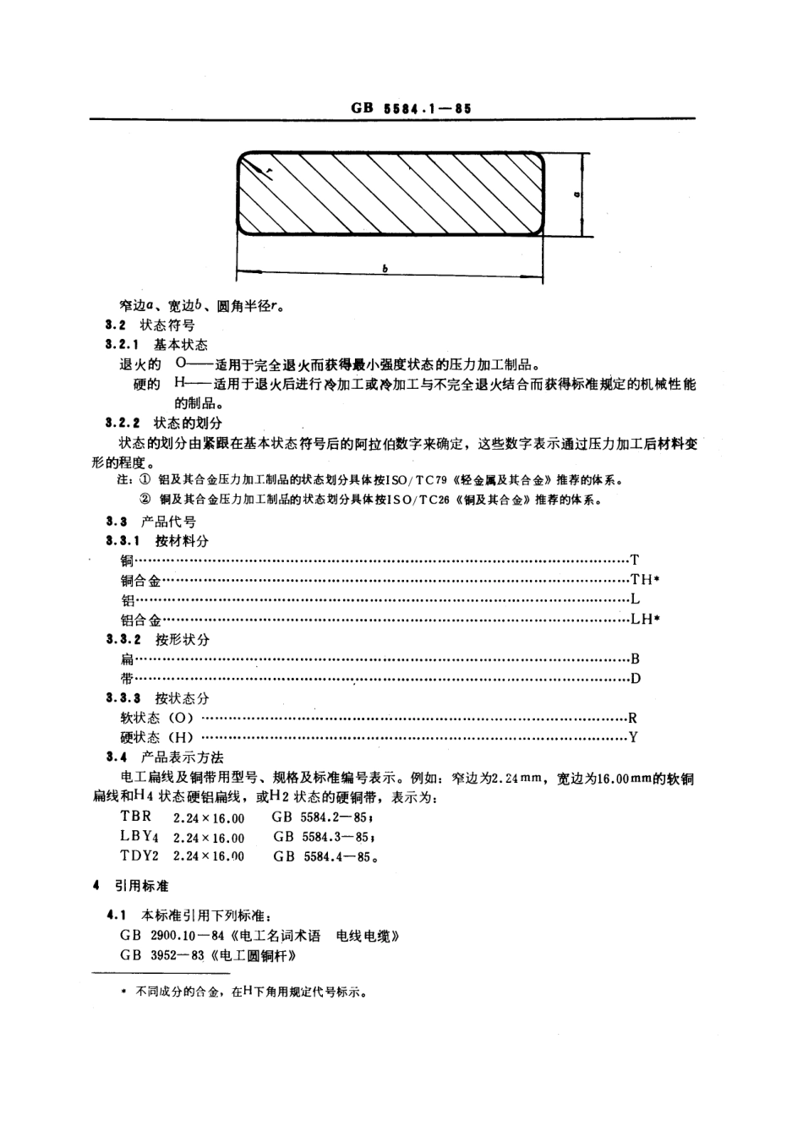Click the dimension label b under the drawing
385,269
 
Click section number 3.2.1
123,345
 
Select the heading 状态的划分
188,422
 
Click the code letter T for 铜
635,560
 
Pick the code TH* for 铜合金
645,580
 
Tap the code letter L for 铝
635,599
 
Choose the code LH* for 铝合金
645,619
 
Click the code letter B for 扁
635,659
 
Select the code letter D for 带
635,678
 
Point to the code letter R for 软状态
633,718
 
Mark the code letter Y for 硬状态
633,737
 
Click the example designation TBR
136,817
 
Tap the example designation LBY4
139,837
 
